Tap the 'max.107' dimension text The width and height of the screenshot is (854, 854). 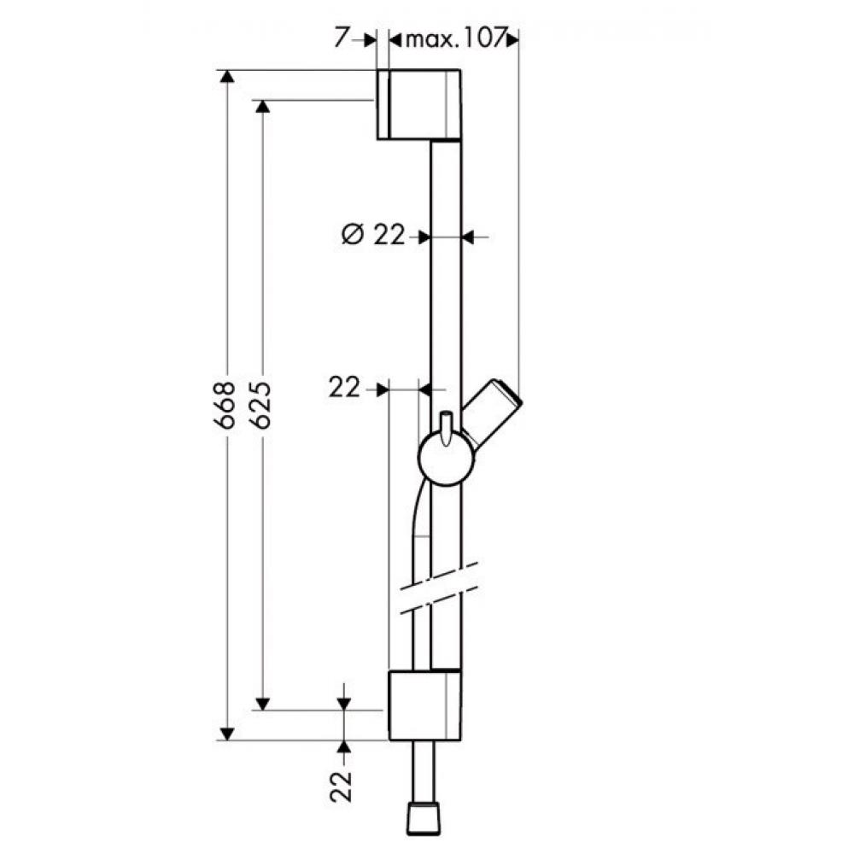453,40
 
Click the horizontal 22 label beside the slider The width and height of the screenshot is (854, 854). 344,389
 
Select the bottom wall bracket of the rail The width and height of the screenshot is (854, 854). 425,705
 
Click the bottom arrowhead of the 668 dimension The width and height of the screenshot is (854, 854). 226,733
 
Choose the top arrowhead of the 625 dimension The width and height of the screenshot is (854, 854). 262,107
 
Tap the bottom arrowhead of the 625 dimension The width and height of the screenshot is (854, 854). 262,703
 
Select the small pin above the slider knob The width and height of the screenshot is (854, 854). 446,427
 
